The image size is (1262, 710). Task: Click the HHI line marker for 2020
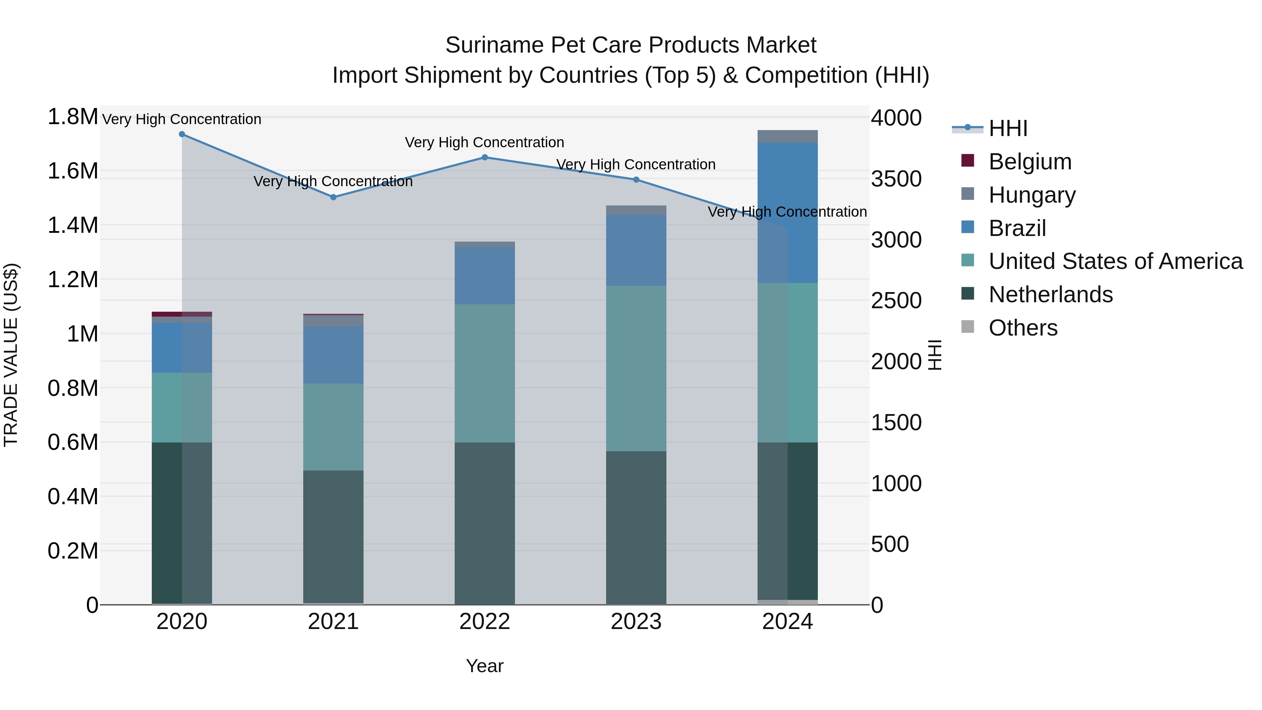pyautogui.click(x=182, y=134)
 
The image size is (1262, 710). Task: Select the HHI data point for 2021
pyautogui.click(x=333, y=197)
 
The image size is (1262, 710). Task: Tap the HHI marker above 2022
pyautogui.click(x=484, y=157)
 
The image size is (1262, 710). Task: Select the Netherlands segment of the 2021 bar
pyautogui.click(x=333, y=536)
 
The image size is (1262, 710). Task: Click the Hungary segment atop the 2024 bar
pyautogui.click(x=787, y=137)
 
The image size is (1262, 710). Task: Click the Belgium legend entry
pyautogui.click(x=1030, y=162)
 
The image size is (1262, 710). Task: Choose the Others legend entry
pyautogui.click(x=1023, y=328)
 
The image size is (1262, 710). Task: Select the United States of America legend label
pyautogui.click(x=1115, y=261)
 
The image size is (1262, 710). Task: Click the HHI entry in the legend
pyautogui.click(x=1008, y=128)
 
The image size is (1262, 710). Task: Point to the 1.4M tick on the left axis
pyautogui.click(x=73, y=226)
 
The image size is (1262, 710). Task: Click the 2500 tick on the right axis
pyautogui.click(x=896, y=301)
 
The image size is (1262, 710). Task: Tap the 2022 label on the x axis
pyautogui.click(x=484, y=622)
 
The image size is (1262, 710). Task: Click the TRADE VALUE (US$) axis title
pyautogui.click(x=11, y=355)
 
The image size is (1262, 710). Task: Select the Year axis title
pyautogui.click(x=484, y=666)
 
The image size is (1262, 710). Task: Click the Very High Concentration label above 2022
pyautogui.click(x=484, y=143)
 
